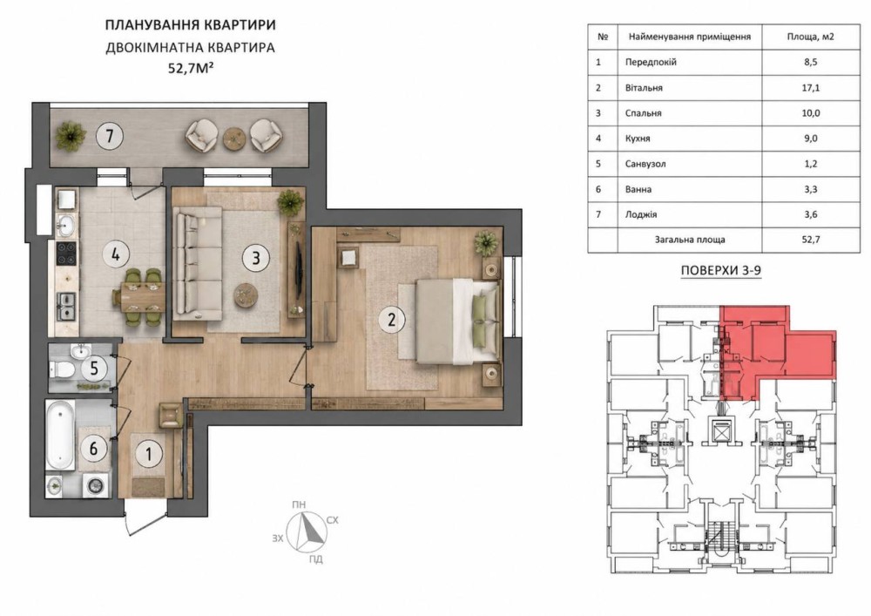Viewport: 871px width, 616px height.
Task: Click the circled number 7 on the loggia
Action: [x=110, y=136]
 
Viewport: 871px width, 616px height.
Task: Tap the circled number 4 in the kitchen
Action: [x=116, y=255]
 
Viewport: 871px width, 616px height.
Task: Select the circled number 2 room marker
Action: [x=392, y=320]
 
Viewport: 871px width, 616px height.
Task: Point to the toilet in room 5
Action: [x=60, y=369]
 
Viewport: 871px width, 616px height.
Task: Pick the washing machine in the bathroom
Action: [x=96, y=485]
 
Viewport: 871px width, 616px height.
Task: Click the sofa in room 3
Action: [x=198, y=263]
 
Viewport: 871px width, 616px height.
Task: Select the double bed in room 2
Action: [x=456, y=322]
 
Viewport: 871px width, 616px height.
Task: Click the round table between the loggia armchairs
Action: [x=234, y=138]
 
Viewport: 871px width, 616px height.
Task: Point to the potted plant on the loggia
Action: [x=70, y=136]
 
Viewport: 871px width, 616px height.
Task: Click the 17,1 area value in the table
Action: [x=810, y=88]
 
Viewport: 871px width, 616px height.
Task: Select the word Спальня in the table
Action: [x=644, y=113]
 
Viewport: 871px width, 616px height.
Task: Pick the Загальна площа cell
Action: [x=689, y=240]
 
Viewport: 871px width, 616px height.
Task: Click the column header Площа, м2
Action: [x=810, y=37]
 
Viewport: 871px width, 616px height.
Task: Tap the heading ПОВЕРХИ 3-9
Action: [x=720, y=271]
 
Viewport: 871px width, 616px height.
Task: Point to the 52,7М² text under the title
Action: [x=191, y=69]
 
